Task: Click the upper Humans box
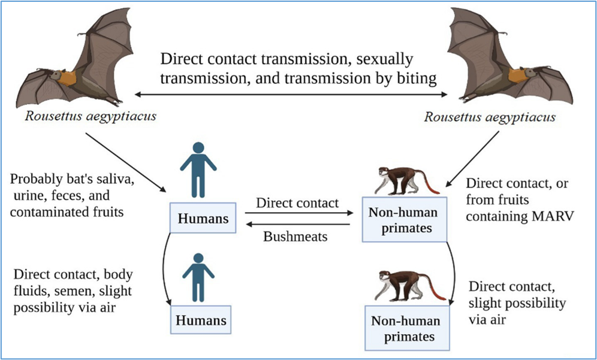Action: pyautogui.click(x=203, y=217)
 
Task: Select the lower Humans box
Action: pyautogui.click(x=201, y=320)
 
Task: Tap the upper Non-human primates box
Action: pyautogui.click(x=405, y=220)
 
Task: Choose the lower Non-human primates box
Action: pyautogui.click(x=407, y=328)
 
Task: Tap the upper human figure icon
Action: pyautogui.click(x=198, y=170)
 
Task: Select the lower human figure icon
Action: pyautogui.click(x=198, y=278)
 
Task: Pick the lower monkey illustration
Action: pyautogui.click(x=409, y=286)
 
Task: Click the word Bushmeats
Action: pyautogui.click(x=295, y=237)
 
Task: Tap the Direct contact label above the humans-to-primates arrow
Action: pyautogui.click(x=297, y=203)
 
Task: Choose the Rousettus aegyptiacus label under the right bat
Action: pyautogui.click(x=490, y=117)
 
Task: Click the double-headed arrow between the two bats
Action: pyautogui.click(x=291, y=94)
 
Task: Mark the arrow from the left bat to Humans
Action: pyautogui.click(x=126, y=162)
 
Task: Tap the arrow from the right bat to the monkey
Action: pyautogui.click(x=472, y=159)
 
